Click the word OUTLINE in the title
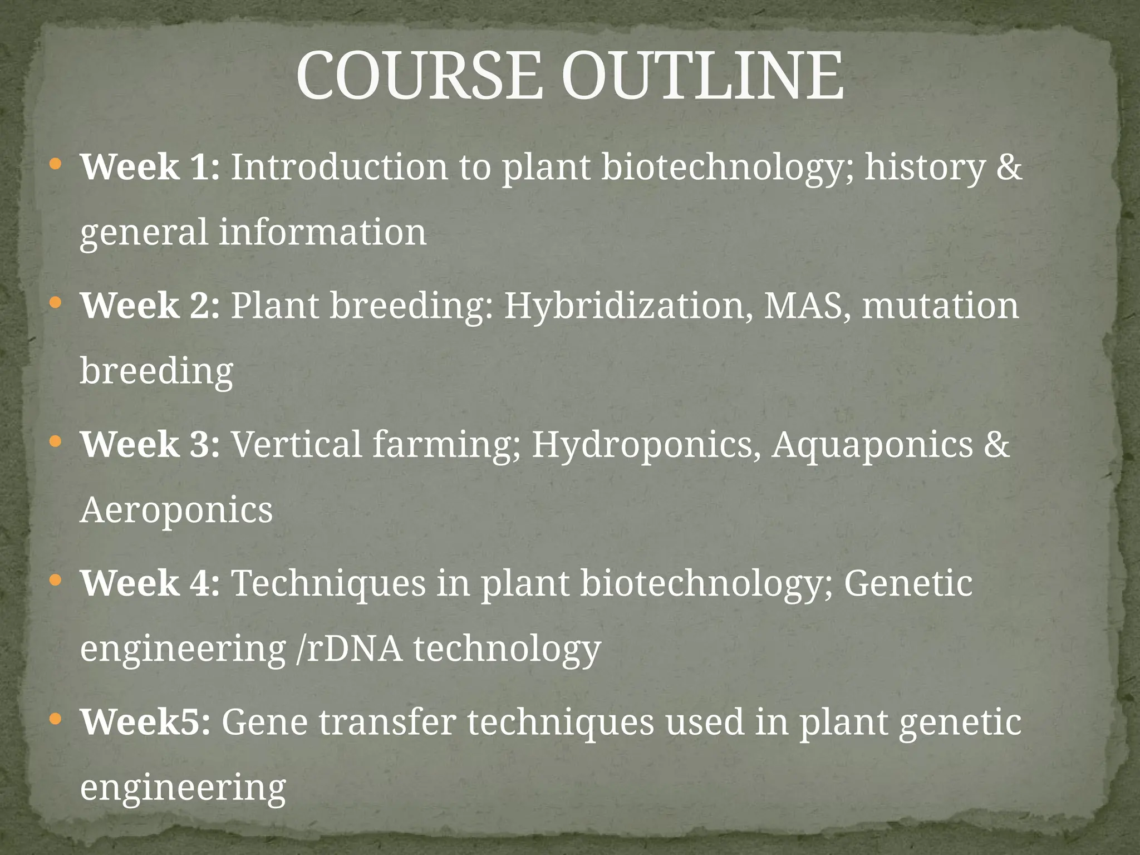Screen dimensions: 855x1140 pyautogui.click(x=702, y=76)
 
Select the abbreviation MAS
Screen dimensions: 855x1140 pyautogui.click(x=808, y=306)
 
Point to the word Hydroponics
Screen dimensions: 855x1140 pyautogui.click(x=646, y=445)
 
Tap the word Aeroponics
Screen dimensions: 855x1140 pyautogui.click(x=176, y=510)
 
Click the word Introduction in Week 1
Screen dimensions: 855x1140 pyautogui.click(x=339, y=167)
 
